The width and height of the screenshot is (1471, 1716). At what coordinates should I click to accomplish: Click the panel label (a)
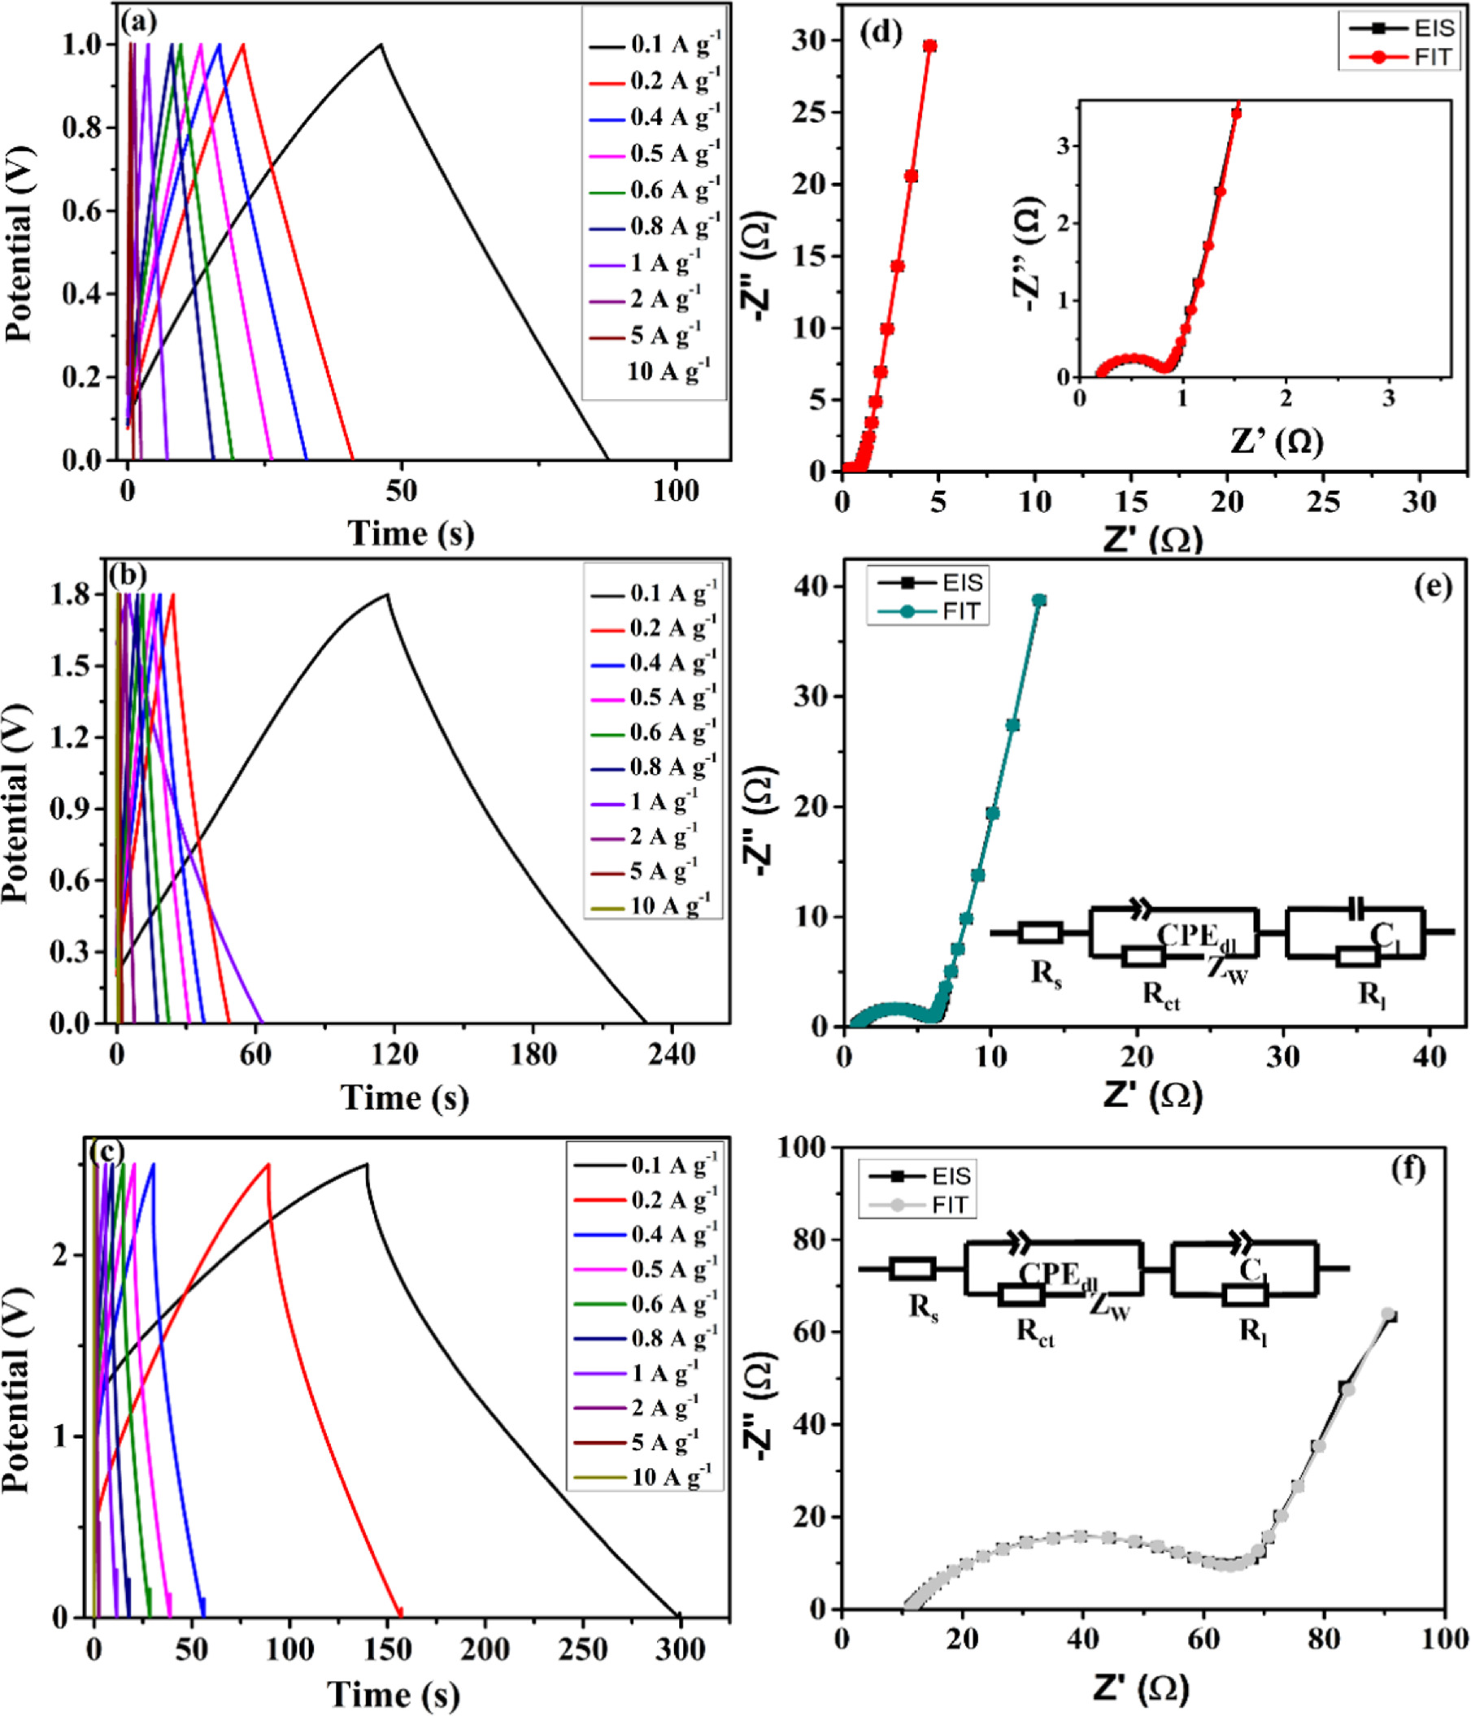point(138,23)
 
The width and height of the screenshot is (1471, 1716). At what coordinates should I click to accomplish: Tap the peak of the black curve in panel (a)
point(381,45)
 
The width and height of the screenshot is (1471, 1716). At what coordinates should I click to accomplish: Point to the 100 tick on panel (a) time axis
point(675,491)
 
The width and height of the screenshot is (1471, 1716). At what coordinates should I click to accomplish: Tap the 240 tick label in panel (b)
point(671,1054)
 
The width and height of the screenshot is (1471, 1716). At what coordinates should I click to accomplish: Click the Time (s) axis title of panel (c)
point(393,1693)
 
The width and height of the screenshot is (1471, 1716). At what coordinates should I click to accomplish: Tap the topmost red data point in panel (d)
point(930,46)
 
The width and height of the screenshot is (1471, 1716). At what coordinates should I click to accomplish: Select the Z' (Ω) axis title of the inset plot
point(1277,442)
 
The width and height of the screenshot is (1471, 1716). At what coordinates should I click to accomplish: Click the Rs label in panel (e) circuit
point(1046,971)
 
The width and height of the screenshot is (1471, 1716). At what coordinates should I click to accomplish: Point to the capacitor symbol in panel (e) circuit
point(1355,909)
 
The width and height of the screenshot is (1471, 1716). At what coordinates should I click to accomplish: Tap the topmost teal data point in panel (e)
point(1039,601)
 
